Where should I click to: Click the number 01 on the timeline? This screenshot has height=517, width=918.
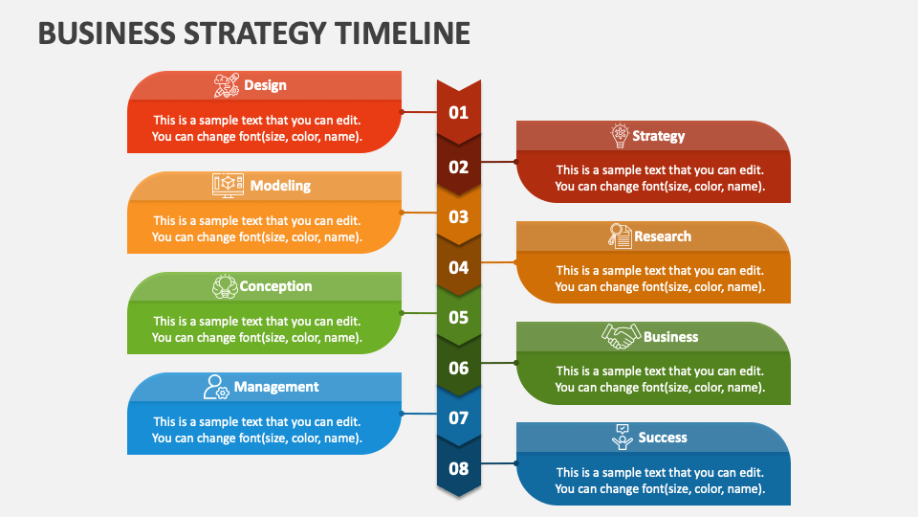coord(459,113)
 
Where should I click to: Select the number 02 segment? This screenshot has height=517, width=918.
coord(459,168)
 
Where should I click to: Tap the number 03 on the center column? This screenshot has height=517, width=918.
coord(459,217)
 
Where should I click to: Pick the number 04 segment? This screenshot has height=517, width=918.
coord(459,268)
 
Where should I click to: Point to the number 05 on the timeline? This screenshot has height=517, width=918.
coord(459,318)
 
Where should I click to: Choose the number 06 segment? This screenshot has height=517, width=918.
coord(459,369)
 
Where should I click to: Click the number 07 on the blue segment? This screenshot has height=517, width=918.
coord(459,418)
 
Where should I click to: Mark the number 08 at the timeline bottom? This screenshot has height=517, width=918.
coord(459,469)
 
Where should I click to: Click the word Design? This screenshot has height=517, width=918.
coord(265,85)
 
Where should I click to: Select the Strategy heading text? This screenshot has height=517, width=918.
coord(658,136)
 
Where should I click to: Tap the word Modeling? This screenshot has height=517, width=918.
coord(280,186)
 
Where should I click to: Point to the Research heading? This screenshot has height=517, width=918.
coord(662,236)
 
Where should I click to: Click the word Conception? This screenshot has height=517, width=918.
coord(275,286)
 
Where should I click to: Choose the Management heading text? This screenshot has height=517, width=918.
coord(276,387)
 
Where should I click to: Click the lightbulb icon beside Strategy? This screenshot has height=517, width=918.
coord(620,135)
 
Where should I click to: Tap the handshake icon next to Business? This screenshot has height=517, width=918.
coord(621,336)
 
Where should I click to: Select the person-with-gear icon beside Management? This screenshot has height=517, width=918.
coord(216,387)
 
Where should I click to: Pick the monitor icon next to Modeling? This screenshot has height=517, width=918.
coord(228,185)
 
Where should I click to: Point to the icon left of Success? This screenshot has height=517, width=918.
coord(623,437)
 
